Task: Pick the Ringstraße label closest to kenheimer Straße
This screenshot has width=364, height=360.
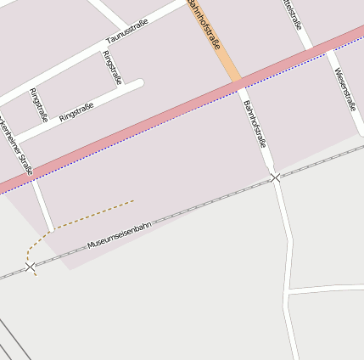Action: click(x=38, y=104)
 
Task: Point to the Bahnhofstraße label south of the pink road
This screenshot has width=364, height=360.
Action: click(x=255, y=125)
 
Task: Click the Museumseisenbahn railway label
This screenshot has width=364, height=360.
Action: click(x=119, y=235)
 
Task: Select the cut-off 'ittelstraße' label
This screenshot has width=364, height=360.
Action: click(x=293, y=14)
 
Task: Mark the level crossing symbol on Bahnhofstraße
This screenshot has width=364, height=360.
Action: click(x=275, y=177)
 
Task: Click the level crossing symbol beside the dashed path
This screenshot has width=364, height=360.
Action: click(x=31, y=267)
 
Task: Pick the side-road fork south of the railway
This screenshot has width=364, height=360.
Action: click(x=288, y=291)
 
